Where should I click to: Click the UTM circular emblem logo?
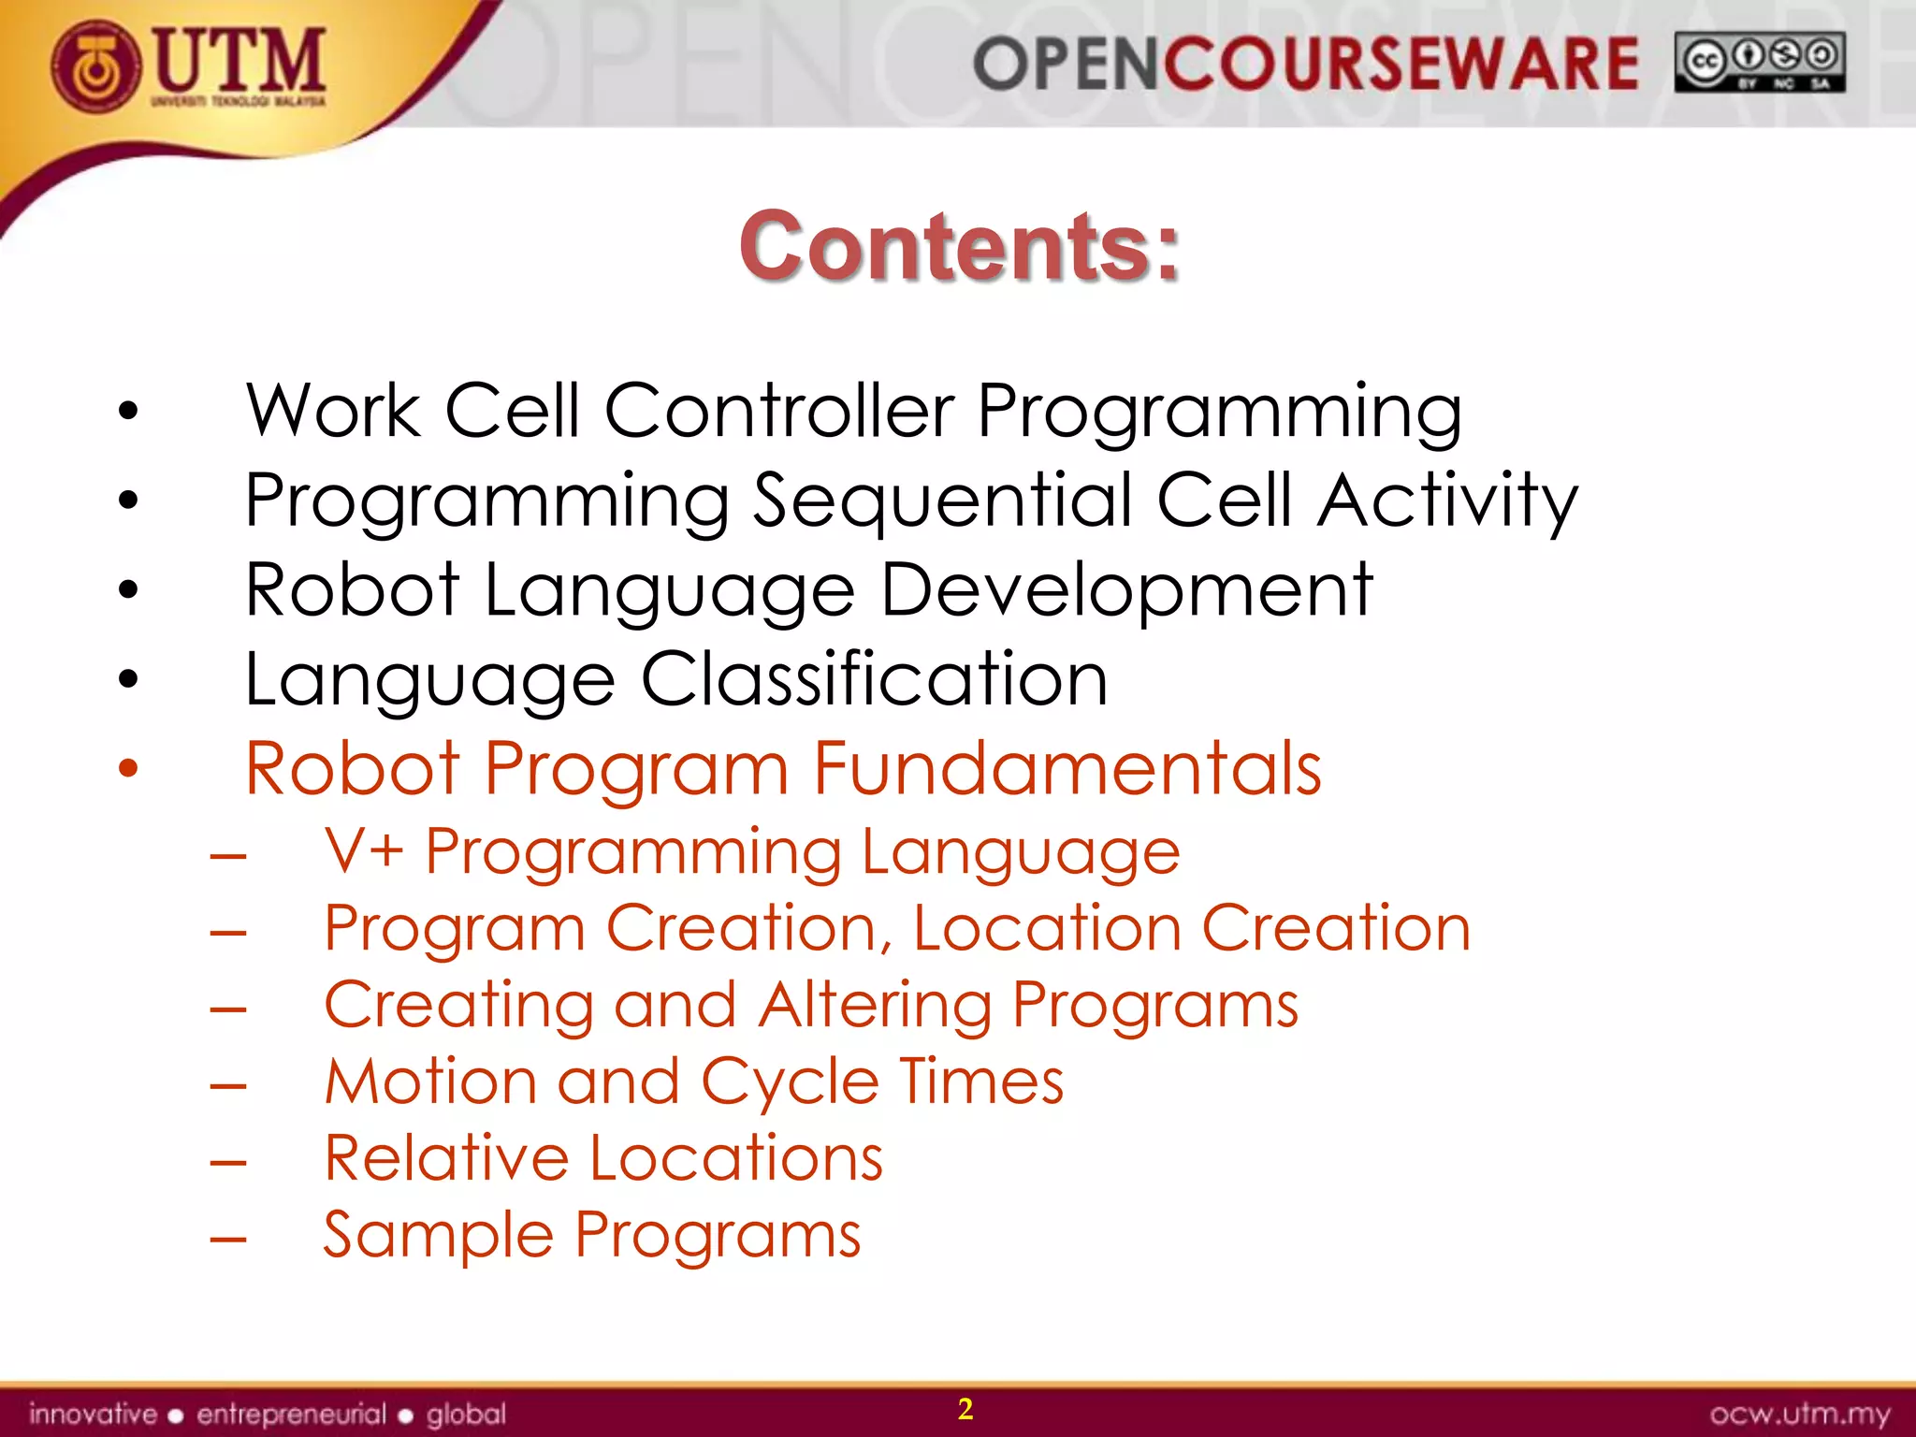pyautogui.click(x=96, y=66)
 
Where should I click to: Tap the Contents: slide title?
pyautogui.click(x=959, y=246)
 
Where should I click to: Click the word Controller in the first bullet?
pyautogui.click(x=779, y=411)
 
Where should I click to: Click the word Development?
pyautogui.click(x=1126, y=590)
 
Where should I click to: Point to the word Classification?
pyautogui.click(x=874, y=679)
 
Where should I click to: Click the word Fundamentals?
pyautogui.click(x=1067, y=769)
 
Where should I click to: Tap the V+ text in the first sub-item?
pyautogui.click(x=364, y=851)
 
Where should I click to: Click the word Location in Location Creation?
pyautogui.click(x=1047, y=928)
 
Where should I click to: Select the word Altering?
pyautogui.click(x=875, y=1005)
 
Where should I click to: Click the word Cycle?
pyautogui.click(x=790, y=1081)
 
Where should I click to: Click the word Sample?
pyautogui.click(x=438, y=1235)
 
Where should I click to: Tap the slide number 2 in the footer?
pyautogui.click(x=965, y=1409)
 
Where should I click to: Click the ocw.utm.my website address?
pyautogui.click(x=1799, y=1414)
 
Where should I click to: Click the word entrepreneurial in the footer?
pyautogui.click(x=291, y=1414)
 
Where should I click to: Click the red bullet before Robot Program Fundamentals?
pyautogui.click(x=128, y=769)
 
